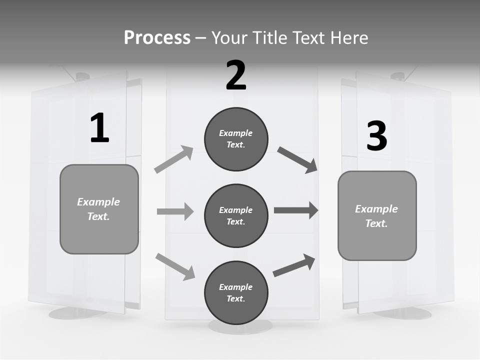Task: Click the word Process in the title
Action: pos(157,37)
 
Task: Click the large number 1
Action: pos(99,128)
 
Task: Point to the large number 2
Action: pos(236,75)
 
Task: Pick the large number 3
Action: pos(376,136)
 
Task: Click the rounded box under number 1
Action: pos(99,209)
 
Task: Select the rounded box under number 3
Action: pos(377,215)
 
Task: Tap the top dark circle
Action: pos(236,139)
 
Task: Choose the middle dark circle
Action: pos(236,215)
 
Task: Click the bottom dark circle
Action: pos(236,292)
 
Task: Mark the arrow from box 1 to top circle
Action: pos(174,159)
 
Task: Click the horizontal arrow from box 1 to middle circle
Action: pos(175,211)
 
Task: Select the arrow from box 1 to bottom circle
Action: pos(175,266)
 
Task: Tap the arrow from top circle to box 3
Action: pos(297,160)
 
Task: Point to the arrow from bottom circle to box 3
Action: pos(294,265)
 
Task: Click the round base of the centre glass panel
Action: pos(240,327)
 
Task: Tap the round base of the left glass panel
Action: pos(75,313)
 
